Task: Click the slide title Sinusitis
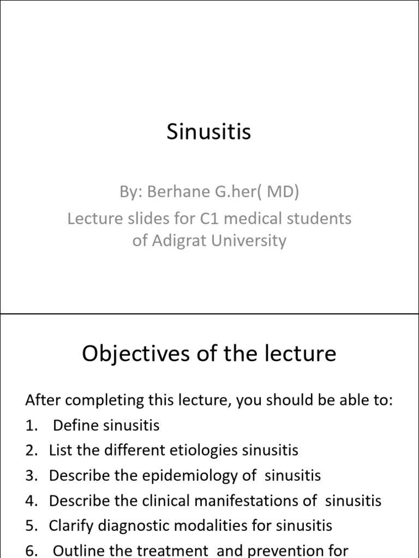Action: pos(209,132)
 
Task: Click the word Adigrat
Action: pos(181,240)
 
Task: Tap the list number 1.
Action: pos(29,425)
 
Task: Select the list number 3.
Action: pos(29,475)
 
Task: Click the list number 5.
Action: pos(29,525)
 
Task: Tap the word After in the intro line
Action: pos(43,401)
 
